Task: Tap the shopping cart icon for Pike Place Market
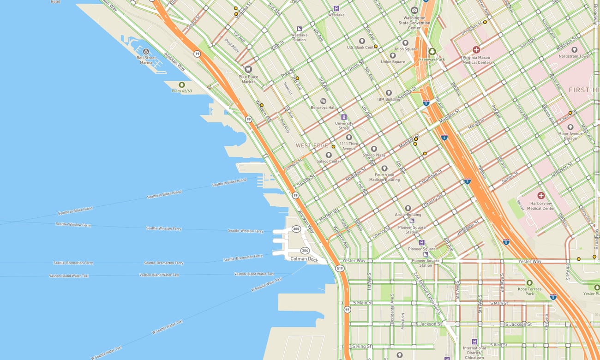248,70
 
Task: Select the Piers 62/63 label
181,91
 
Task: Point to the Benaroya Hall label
323,107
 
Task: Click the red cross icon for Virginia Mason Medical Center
476,49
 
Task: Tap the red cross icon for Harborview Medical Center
541,196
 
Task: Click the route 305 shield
296,229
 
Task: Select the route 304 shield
305,250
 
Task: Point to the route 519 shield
340,268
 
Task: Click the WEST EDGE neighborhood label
312,145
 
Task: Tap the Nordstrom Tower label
574,56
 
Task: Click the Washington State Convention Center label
414,23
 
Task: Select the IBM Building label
388,99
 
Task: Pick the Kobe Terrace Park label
529,291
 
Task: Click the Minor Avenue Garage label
570,136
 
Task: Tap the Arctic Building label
408,214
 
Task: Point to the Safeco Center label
329,161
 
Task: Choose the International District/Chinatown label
474,353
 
